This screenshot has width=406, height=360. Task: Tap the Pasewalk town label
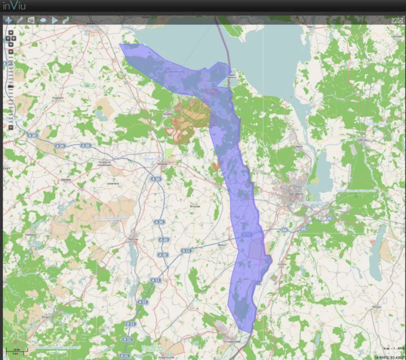tap(162, 164)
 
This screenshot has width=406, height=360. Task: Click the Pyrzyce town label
tap(376, 307)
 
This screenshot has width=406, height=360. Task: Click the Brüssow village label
tap(195, 206)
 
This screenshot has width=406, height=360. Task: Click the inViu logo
tap(15, 6)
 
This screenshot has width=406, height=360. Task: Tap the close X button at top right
tap(400, 20)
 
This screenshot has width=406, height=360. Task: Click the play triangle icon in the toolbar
tap(55, 20)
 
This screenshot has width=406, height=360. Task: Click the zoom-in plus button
tap(11, 52)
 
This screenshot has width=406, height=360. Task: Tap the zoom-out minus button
tap(11, 128)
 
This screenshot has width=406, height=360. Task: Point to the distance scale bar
tap(20, 350)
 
